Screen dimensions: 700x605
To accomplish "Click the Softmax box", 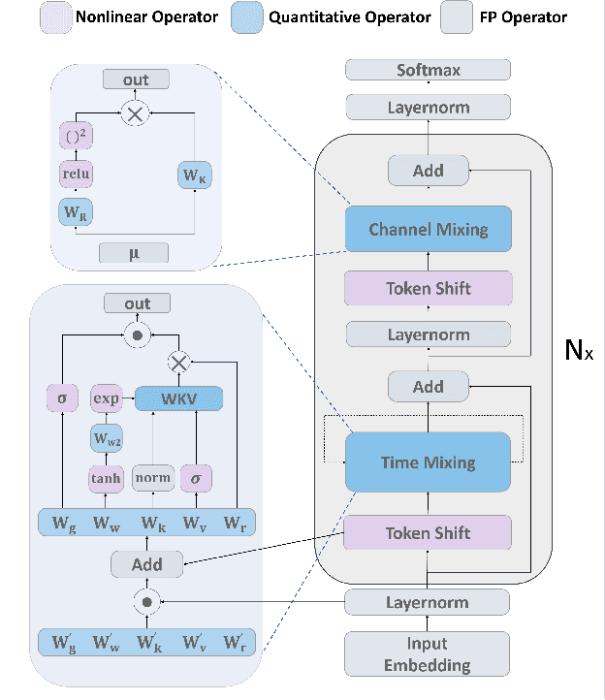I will (428, 70).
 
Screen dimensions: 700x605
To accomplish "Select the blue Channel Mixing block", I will (428, 230).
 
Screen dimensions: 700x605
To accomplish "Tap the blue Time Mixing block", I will (428, 461).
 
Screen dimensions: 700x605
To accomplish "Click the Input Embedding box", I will (428, 654).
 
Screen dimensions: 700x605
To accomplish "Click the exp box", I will (105, 398).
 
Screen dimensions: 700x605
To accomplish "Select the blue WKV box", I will (178, 398).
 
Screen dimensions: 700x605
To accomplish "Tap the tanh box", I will (105, 477).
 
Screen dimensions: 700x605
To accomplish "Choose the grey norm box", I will (153, 477).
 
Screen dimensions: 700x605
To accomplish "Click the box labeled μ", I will (134, 253).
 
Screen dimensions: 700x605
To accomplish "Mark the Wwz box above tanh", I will (105, 438).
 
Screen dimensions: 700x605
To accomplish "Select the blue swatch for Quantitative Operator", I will (247, 16).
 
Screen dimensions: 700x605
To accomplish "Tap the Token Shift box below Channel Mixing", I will (428, 288).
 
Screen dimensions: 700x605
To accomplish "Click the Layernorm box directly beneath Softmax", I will (428, 109).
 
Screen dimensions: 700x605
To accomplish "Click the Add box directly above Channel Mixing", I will (428, 171).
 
